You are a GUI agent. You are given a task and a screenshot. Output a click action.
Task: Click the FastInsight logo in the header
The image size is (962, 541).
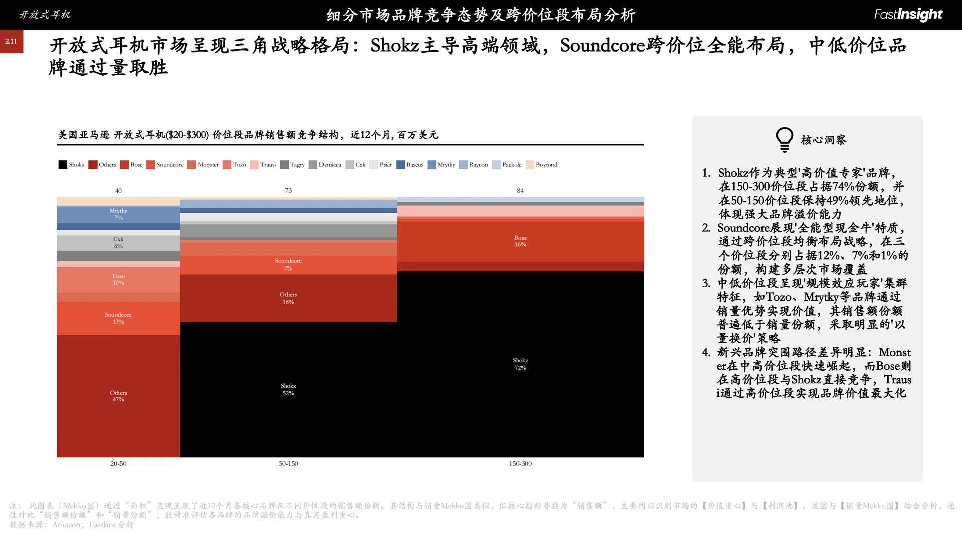(x=908, y=15)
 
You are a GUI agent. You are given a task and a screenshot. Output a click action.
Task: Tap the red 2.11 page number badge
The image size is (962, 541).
(x=12, y=41)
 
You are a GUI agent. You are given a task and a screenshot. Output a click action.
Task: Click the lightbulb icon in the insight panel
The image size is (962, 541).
(x=784, y=140)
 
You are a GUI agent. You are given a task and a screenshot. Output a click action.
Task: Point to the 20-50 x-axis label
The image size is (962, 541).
(x=118, y=464)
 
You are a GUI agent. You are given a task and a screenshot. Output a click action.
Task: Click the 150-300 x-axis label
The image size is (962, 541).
(x=520, y=464)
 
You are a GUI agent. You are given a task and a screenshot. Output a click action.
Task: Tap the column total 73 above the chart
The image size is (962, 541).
(x=288, y=191)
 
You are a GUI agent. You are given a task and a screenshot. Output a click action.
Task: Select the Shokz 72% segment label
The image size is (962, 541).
(x=520, y=364)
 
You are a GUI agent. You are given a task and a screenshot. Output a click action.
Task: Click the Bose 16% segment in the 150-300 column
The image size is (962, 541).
(x=520, y=241)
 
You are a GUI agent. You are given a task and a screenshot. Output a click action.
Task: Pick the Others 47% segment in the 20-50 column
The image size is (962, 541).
(x=118, y=396)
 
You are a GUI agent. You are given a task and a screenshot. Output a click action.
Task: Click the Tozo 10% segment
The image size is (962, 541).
(x=118, y=279)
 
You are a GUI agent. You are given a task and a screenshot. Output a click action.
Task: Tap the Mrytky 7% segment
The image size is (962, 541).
(x=118, y=214)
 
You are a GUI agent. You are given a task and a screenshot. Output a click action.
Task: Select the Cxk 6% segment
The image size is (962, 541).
(x=118, y=243)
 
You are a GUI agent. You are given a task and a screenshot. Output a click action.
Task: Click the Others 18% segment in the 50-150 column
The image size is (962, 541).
(x=288, y=298)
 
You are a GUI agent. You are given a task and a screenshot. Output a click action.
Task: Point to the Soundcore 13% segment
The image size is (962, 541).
(x=118, y=318)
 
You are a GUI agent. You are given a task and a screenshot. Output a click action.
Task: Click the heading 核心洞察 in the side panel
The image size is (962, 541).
(x=823, y=140)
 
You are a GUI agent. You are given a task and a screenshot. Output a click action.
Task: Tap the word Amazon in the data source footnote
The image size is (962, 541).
(x=66, y=525)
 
